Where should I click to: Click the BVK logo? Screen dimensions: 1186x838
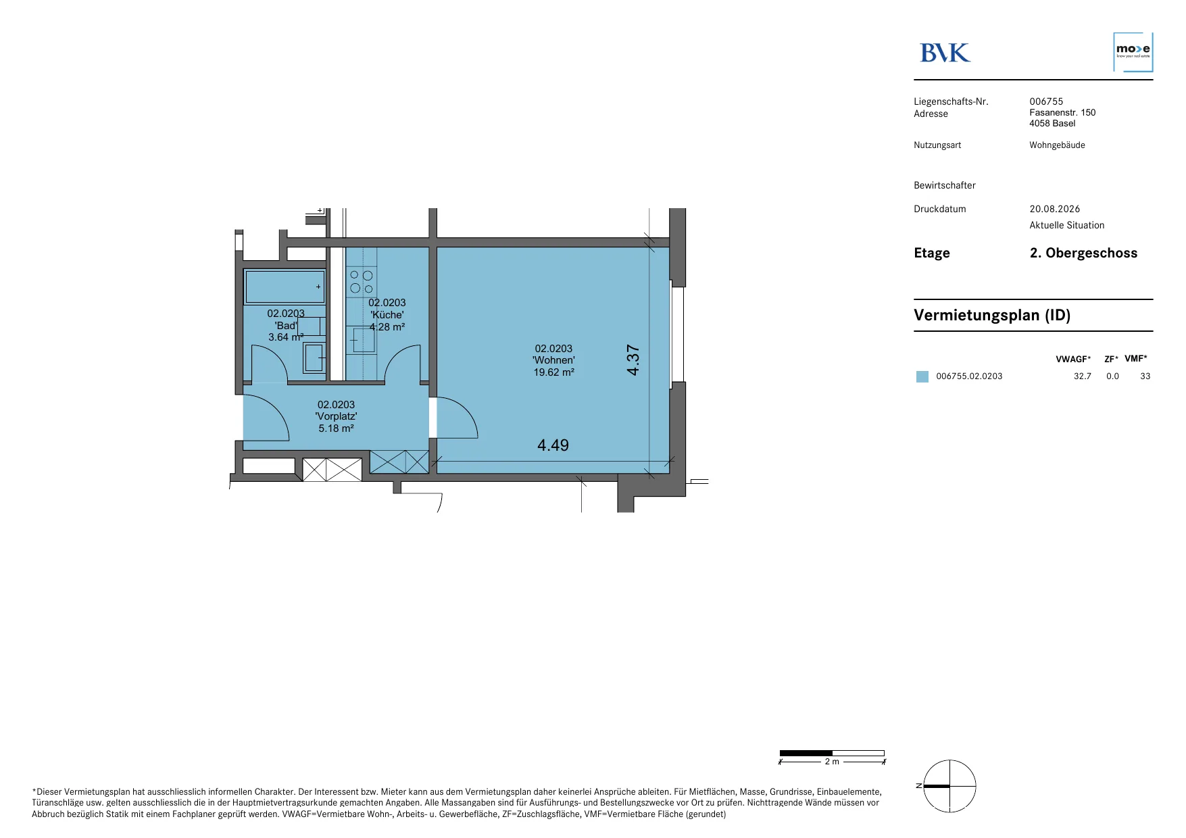945,53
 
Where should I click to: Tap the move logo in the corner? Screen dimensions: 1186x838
1133,51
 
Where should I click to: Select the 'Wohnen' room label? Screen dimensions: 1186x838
553,360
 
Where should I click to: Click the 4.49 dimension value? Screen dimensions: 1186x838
553,445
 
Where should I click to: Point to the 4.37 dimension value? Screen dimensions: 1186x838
633,360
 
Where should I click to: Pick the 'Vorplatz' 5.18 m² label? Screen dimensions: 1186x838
336,416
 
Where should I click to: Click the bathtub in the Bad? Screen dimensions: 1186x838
285,287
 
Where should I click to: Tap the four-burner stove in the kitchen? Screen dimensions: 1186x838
362,282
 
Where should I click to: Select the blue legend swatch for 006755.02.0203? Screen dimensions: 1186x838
922,376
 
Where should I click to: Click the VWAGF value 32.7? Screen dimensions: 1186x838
1082,376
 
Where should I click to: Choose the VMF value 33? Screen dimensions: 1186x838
1145,376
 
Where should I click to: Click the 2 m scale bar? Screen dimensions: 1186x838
832,753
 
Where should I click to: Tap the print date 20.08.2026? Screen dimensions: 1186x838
1055,209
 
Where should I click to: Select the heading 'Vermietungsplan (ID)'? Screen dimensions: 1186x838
992,315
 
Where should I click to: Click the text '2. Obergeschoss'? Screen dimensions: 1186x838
1083,253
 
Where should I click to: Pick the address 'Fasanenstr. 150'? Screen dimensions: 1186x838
1062,112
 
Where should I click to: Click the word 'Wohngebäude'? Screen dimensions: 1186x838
1057,145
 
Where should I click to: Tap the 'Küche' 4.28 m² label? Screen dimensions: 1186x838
387,315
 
